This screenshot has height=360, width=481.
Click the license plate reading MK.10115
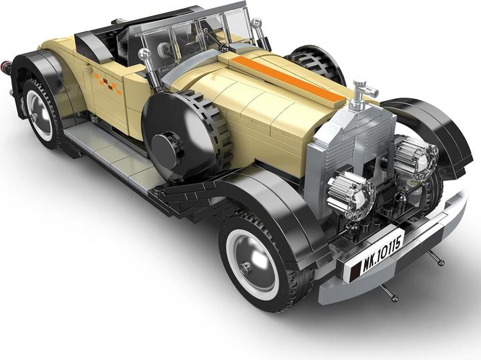373,252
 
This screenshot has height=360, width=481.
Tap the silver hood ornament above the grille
361,94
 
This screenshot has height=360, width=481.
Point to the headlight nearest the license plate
351,191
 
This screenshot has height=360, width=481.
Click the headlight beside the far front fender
415,157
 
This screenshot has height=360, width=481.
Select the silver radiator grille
349,150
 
